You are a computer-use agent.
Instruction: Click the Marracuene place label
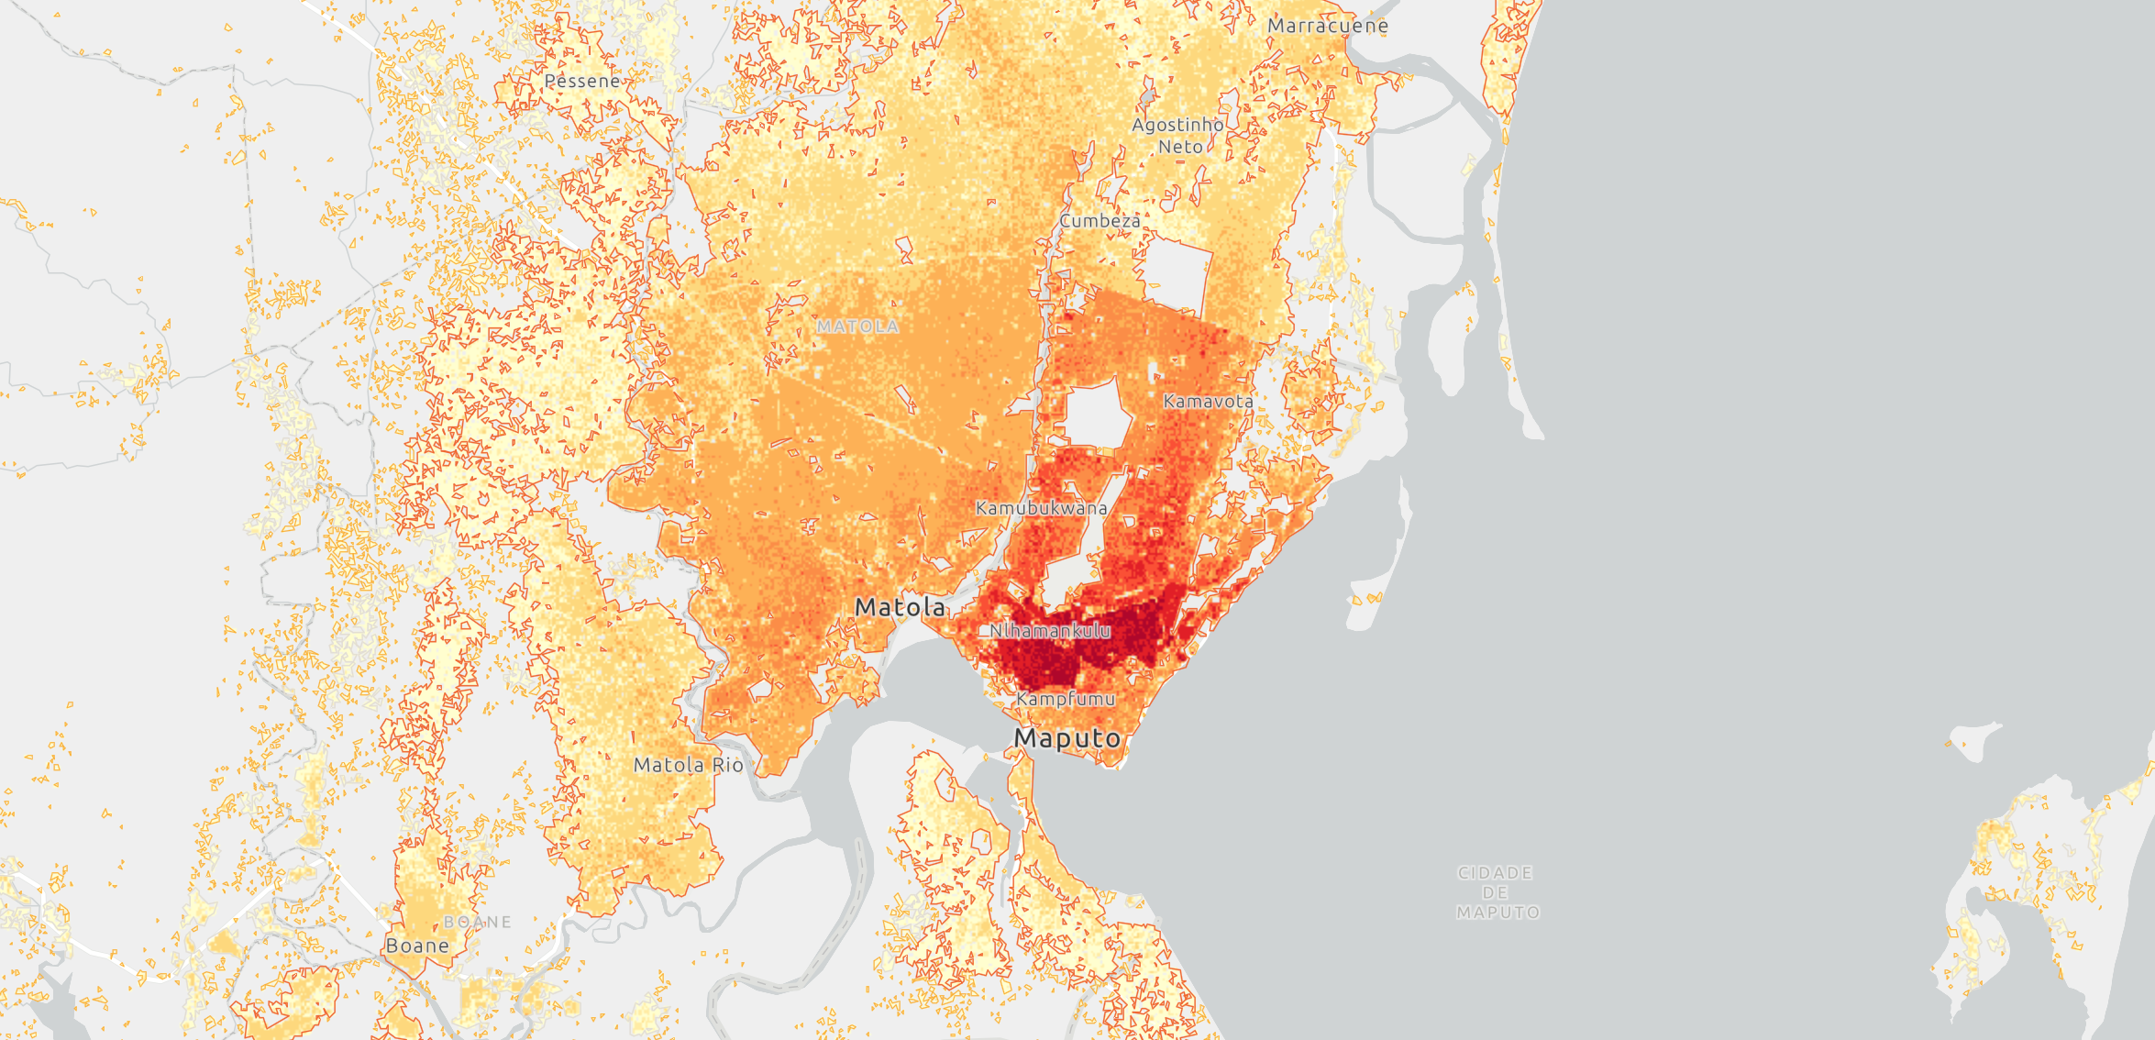1327,26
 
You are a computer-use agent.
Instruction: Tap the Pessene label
582,82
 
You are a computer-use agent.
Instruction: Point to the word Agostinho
1177,125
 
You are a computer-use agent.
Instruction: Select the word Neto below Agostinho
1180,147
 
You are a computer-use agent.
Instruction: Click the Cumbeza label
1100,221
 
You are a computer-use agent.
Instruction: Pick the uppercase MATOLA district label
857,326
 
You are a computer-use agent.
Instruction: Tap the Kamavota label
1208,401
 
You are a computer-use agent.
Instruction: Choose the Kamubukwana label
1041,508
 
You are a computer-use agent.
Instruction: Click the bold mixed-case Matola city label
900,607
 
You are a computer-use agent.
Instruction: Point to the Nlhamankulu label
1050,631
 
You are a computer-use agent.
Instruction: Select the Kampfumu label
1066,699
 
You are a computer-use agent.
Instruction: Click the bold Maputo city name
1066,738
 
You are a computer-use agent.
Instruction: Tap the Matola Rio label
688,765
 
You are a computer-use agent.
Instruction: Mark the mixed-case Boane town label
417,946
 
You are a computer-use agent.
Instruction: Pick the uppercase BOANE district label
478,922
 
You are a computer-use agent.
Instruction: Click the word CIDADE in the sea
1495,873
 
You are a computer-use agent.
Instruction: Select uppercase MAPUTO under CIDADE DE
1497,913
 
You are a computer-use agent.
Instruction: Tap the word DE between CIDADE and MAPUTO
1495,892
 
